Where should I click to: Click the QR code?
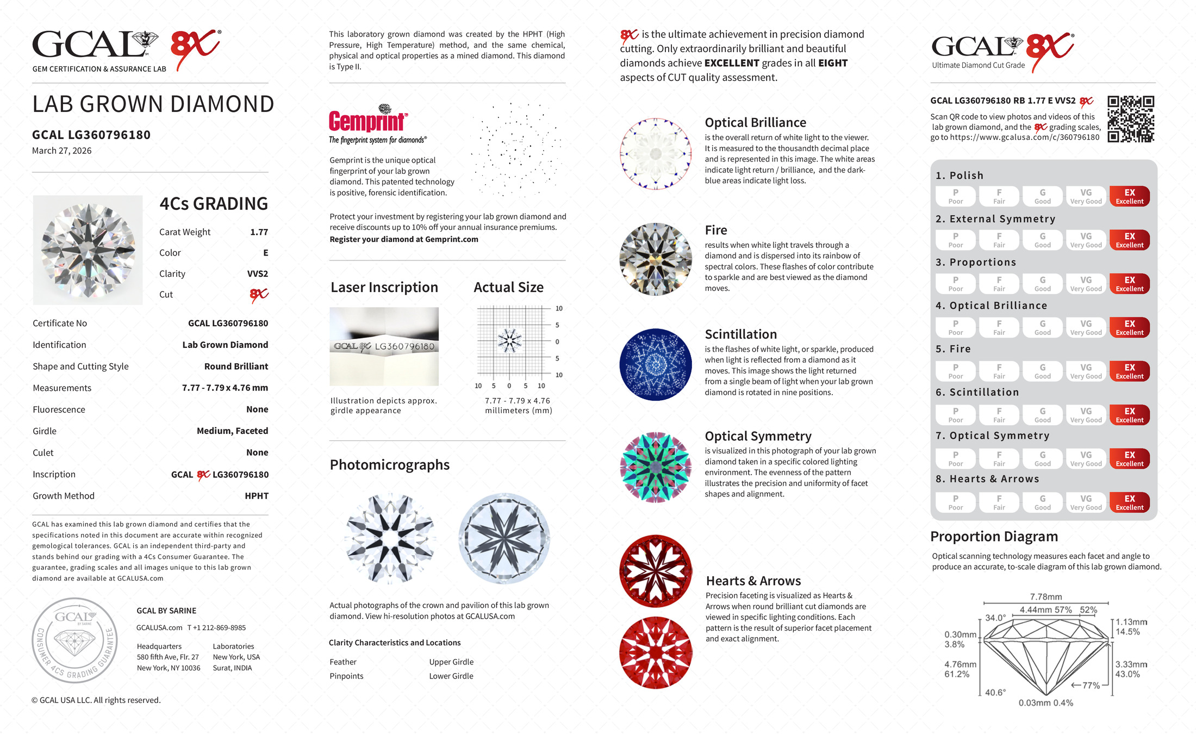click(x=1131, y=119)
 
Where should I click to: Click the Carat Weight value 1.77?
click(x=259, y=232)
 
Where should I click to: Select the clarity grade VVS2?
click(x=257, y=274)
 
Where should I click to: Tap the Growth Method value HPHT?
click(x=256, y=496)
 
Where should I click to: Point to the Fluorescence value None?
click(x=257, y=409)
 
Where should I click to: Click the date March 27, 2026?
click(x=61, y=151)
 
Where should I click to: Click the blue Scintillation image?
click(x=656, y=364)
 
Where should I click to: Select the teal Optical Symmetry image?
click(x=656, y=467)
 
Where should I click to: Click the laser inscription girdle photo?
click(x=384, y=346)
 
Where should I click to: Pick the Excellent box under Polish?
click(x=1129, y=196)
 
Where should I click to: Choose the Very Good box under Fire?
click(x=1086, y=371)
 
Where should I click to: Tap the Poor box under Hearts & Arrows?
click(x=955, y=502)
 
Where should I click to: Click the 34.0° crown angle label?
click(x=995, y=618)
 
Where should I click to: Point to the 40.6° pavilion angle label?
click(x=995, y=692)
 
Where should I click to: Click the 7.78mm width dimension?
click(x=1045, y=597)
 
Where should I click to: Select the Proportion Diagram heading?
click(x=994, y=537)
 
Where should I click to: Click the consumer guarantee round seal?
click(x=75, y=640)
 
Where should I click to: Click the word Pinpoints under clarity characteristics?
click(x=346, y=676)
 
